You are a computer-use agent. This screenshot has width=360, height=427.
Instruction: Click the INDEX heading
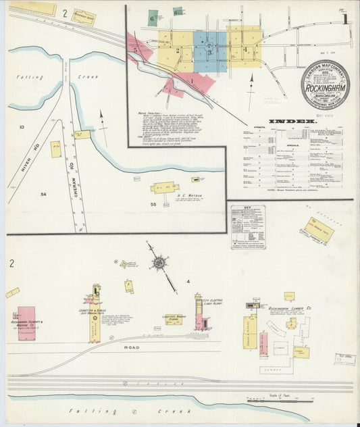pos(292,122)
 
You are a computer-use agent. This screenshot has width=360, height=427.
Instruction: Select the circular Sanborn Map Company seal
pos(325,84)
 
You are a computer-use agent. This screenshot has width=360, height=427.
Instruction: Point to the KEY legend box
pos(248,227)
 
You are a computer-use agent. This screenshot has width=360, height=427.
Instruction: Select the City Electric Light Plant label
pos(227,301)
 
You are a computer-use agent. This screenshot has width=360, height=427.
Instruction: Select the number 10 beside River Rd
pos(22,127)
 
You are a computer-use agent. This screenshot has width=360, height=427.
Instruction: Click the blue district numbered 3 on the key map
pos(209,49)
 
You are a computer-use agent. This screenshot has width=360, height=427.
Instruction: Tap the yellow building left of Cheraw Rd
pos(55,149)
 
